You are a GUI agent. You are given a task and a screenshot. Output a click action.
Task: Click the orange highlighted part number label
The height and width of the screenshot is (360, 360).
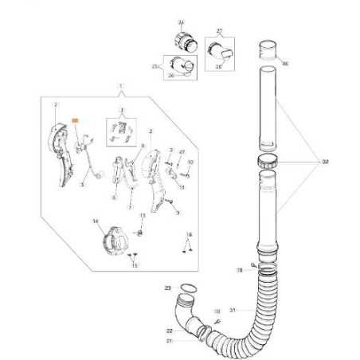[76, 118]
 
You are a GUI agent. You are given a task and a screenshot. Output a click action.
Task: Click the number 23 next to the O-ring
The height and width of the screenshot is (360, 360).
[167, 287]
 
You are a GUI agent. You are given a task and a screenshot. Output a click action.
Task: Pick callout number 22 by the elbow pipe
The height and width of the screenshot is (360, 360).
[170, 331]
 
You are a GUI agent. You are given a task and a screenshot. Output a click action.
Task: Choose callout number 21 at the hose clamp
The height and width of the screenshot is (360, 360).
[170, 340]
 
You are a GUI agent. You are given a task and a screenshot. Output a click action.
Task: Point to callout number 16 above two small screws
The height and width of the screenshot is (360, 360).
[189, 235]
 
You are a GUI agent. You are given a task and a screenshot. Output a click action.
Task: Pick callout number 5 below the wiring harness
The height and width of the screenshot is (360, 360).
[81, 185]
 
